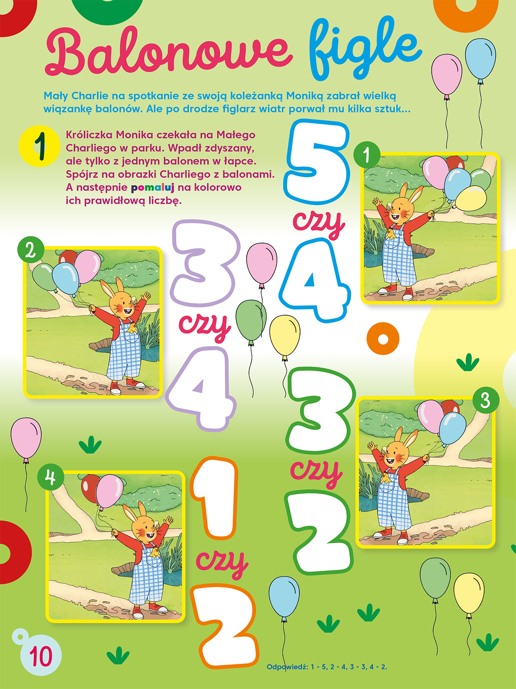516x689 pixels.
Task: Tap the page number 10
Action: point(41,655)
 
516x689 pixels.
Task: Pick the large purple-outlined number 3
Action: point(204,263)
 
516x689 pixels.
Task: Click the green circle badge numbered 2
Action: point(31,250)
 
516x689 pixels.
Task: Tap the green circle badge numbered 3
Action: point(485,400)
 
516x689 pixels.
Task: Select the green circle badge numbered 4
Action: point(51,478)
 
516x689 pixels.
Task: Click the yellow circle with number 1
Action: point(39,146)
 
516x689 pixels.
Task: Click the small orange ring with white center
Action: point(383,339)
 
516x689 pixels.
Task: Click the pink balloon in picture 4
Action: point(110,491)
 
